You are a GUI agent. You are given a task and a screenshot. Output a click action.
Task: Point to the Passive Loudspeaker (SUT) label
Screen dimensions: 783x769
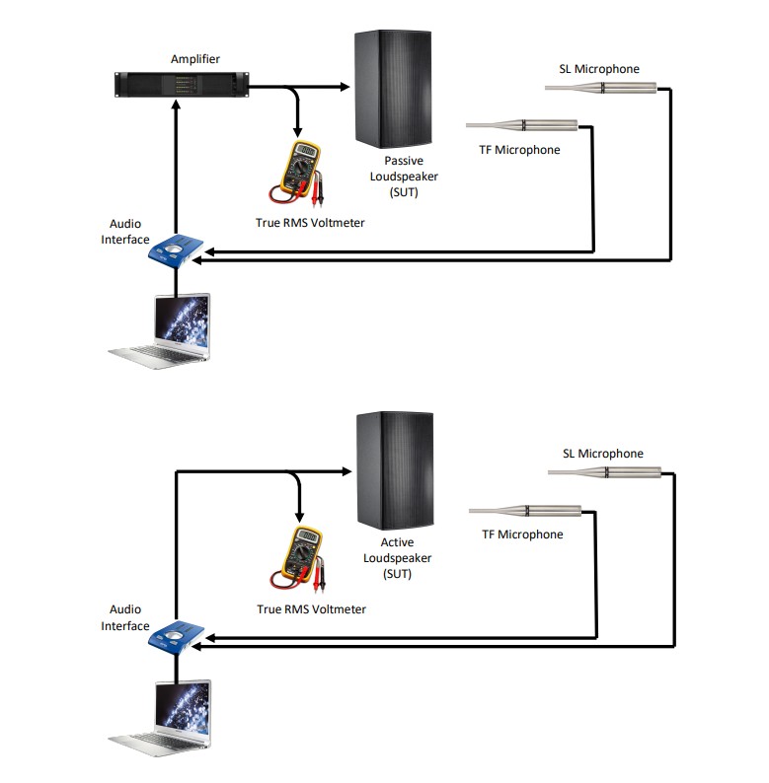pos(411,176)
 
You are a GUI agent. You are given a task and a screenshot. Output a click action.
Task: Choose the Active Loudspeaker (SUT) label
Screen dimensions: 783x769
pos(397,558)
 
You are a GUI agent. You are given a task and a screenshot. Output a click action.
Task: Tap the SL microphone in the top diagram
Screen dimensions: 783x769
pos(600,89)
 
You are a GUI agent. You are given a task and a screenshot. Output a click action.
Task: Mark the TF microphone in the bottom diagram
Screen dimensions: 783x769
pos(524,510)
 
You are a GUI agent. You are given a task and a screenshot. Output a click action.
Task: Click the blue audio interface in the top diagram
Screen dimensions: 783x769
pos(175,249)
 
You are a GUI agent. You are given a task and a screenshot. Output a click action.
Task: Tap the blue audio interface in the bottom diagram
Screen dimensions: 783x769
pos(176,636)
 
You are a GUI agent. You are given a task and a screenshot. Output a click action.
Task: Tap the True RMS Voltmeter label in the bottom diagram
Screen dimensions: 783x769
pos(311,609)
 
